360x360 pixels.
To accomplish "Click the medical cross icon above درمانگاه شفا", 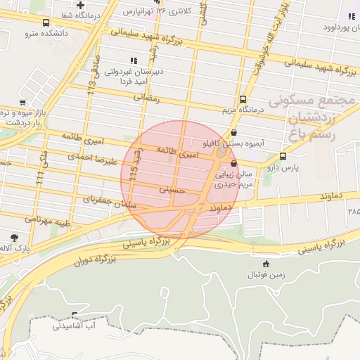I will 81,5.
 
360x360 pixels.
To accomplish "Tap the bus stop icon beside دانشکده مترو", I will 46,22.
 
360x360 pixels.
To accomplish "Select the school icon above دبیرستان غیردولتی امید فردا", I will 134,60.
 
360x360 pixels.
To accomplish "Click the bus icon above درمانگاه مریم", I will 243,99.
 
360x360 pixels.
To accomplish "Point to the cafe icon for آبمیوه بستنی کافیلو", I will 233,131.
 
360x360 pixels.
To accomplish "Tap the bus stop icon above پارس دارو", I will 283,157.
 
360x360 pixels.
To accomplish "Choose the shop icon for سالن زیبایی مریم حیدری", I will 233,158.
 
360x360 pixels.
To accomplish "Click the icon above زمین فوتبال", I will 264,264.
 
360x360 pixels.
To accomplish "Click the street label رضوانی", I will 150,99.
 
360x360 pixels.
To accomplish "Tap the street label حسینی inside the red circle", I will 172,189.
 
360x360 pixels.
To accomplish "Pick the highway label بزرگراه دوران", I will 90,260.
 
